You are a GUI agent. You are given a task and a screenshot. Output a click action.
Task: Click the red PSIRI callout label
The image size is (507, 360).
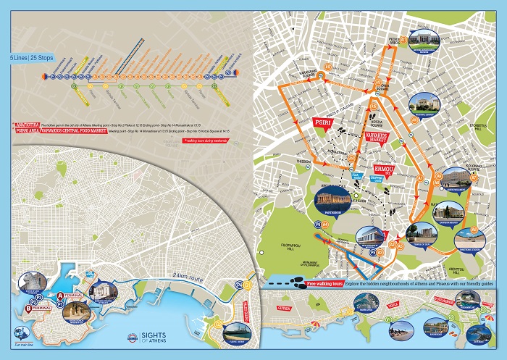pyautogui.click(x=321, y=124)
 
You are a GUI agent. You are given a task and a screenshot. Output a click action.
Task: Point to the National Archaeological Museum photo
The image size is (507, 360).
pyautogui.click(x=423, y=42)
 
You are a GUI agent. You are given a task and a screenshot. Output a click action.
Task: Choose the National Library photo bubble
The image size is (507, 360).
pyautogui.click(x=423, y=105)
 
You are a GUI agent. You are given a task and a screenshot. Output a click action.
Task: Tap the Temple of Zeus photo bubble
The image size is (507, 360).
pyautogui.click(x=419, y=234)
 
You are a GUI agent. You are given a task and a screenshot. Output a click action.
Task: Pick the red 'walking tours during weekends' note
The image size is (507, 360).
pyautogui.click(x=206, y=141)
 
